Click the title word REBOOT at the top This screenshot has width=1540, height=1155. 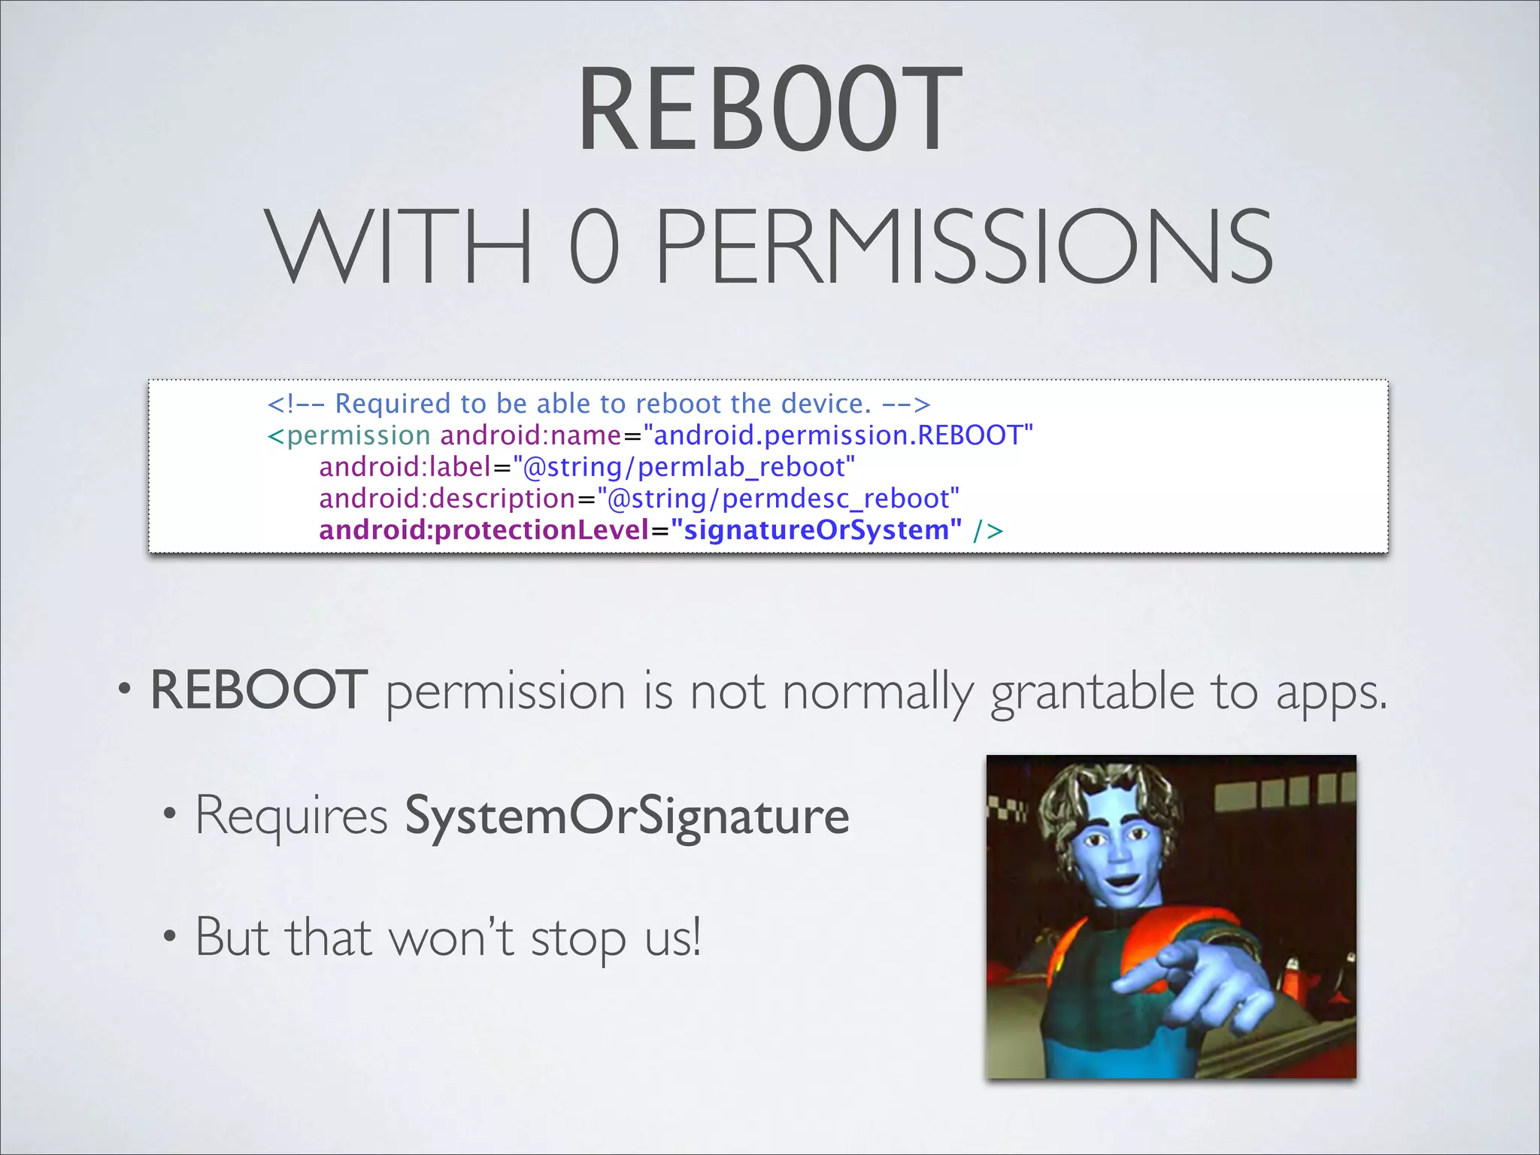click(x=769, y=111)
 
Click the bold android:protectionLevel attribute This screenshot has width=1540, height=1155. click(x=484, y=530)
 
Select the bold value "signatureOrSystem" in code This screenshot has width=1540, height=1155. click(x=816, y=530)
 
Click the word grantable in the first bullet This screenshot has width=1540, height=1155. click(x=1092, y=692)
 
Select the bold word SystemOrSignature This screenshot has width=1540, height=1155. click(x=627, y=816)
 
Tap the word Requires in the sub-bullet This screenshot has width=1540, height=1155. click(x=292, y=816)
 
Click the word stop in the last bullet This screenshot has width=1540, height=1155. click(x=577, y=940)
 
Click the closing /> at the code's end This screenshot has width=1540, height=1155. click(x=988, y=531)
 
